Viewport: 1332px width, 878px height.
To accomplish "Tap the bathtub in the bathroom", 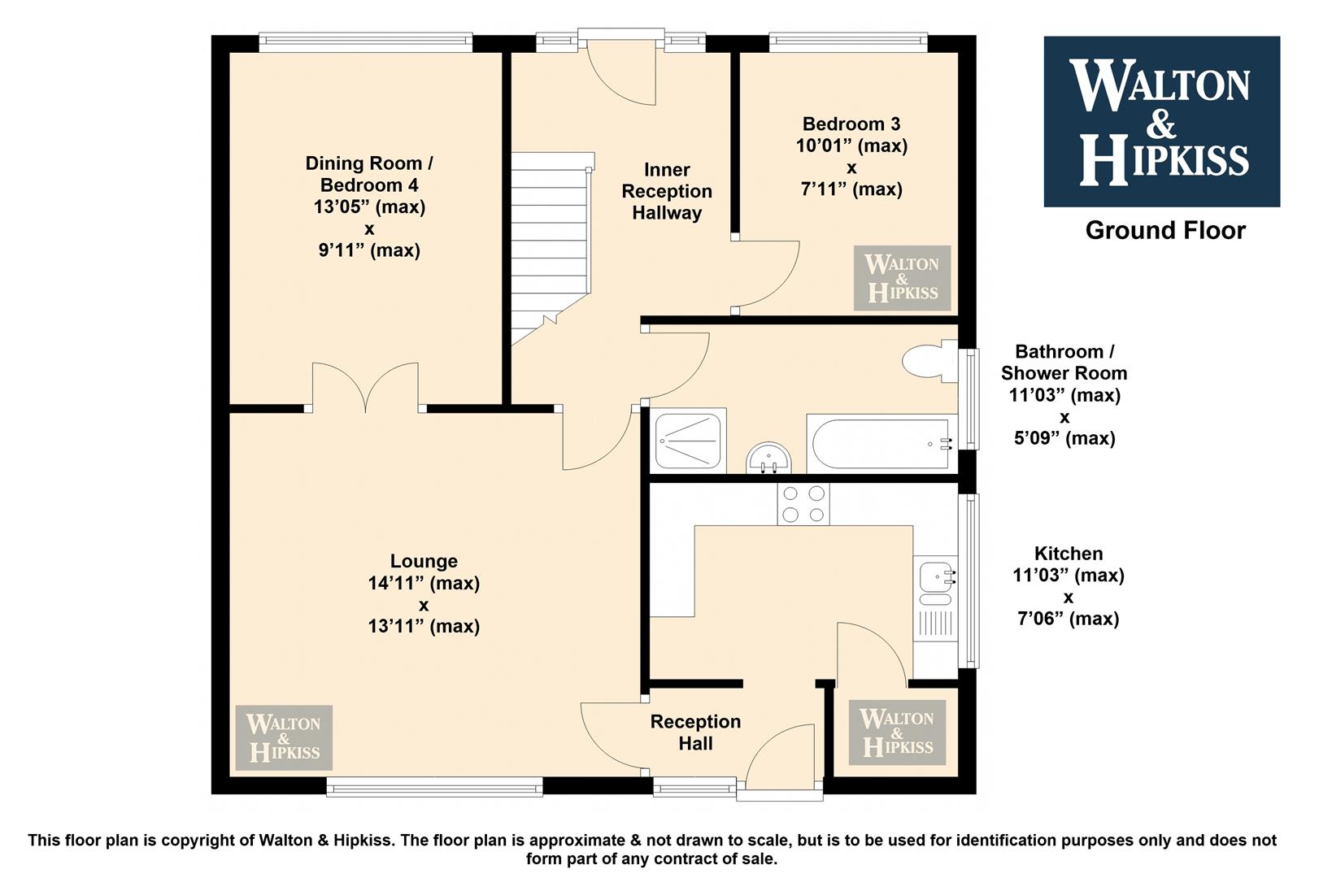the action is point(881,443).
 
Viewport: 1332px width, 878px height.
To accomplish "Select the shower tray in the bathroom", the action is point(688,441).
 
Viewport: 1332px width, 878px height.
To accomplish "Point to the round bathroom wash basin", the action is point(769,458).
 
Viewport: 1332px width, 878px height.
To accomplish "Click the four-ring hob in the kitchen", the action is point(803,503).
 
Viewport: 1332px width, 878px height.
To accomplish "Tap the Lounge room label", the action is point(424,561).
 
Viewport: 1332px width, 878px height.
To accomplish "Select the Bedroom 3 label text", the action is point(851,124).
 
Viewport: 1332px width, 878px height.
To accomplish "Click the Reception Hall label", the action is point(695,732).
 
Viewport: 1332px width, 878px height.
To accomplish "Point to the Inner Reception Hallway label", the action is point(667,191).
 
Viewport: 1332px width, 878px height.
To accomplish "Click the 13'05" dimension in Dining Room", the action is point(369,206).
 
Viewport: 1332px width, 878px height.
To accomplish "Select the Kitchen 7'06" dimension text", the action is point(1068,618).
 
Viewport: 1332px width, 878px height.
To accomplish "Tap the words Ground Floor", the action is point(1165,231).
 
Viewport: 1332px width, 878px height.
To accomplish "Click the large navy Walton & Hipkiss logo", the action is point(1162,121).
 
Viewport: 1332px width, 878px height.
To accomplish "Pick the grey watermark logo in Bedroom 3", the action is point(902,277).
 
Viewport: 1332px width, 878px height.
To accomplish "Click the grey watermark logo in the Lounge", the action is point(284,737).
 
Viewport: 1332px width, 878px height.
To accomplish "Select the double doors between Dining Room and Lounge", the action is point(365,387).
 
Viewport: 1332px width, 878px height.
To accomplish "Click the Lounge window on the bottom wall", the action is point(435,788).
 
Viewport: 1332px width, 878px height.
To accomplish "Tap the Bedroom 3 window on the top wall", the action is point(848,41).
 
